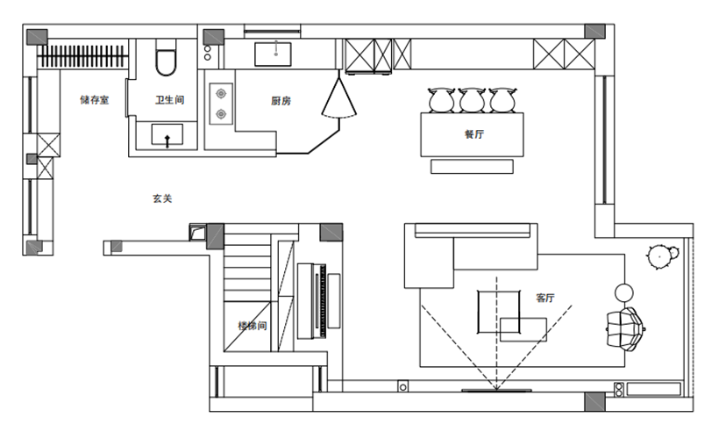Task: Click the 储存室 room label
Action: [x=95, y=99]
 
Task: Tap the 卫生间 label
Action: [x=169, y=99]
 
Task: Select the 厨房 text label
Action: [x=281, y=101]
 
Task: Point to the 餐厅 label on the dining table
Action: [x=474, y=134]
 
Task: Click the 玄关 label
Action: [x=162, y=198]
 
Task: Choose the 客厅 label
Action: [x=545, y=298]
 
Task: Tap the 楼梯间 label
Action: [x=253, y=326]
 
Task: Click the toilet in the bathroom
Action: [x=166, y=57]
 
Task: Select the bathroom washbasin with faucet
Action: [x=167, y=135]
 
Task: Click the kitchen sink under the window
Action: [x=274, y=54]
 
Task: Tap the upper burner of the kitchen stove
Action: [x=221, y=94]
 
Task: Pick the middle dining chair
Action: [x=473, y=100]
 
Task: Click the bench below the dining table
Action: [x=472, y=166]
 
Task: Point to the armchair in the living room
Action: [x=625, y=328]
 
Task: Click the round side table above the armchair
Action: [x=624, y=292]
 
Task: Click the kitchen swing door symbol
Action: [x=338, y=98]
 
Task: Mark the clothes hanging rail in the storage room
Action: [x=82, y=56]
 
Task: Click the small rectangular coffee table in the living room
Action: [x=523, y=330]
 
